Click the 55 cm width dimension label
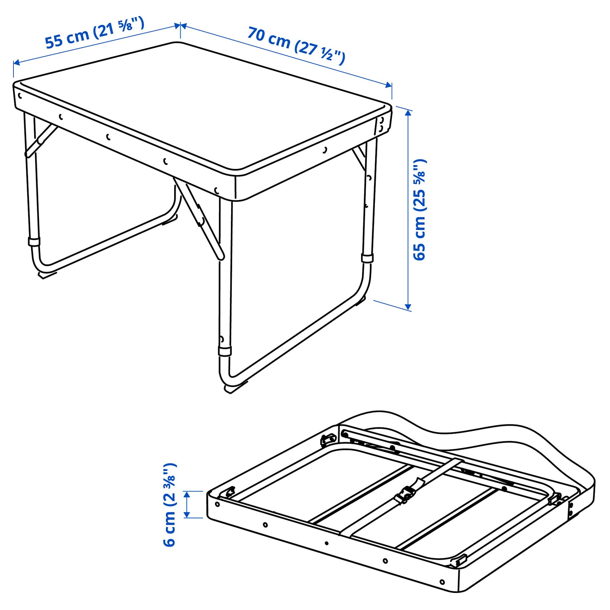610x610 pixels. tap(94, 33)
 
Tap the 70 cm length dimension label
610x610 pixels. tap(296, 46)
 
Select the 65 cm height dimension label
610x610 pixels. tap(419, 210)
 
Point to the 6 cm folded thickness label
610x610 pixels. tap(170, 505)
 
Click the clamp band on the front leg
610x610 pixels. tap(225, 351)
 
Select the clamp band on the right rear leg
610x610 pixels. tap(367, 258)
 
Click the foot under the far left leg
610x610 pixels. tap(46, 274)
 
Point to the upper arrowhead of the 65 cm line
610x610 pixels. tap(408, 113)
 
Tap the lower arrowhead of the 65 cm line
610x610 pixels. tap(408, 306)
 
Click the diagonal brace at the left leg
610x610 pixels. tap(41, 140)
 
